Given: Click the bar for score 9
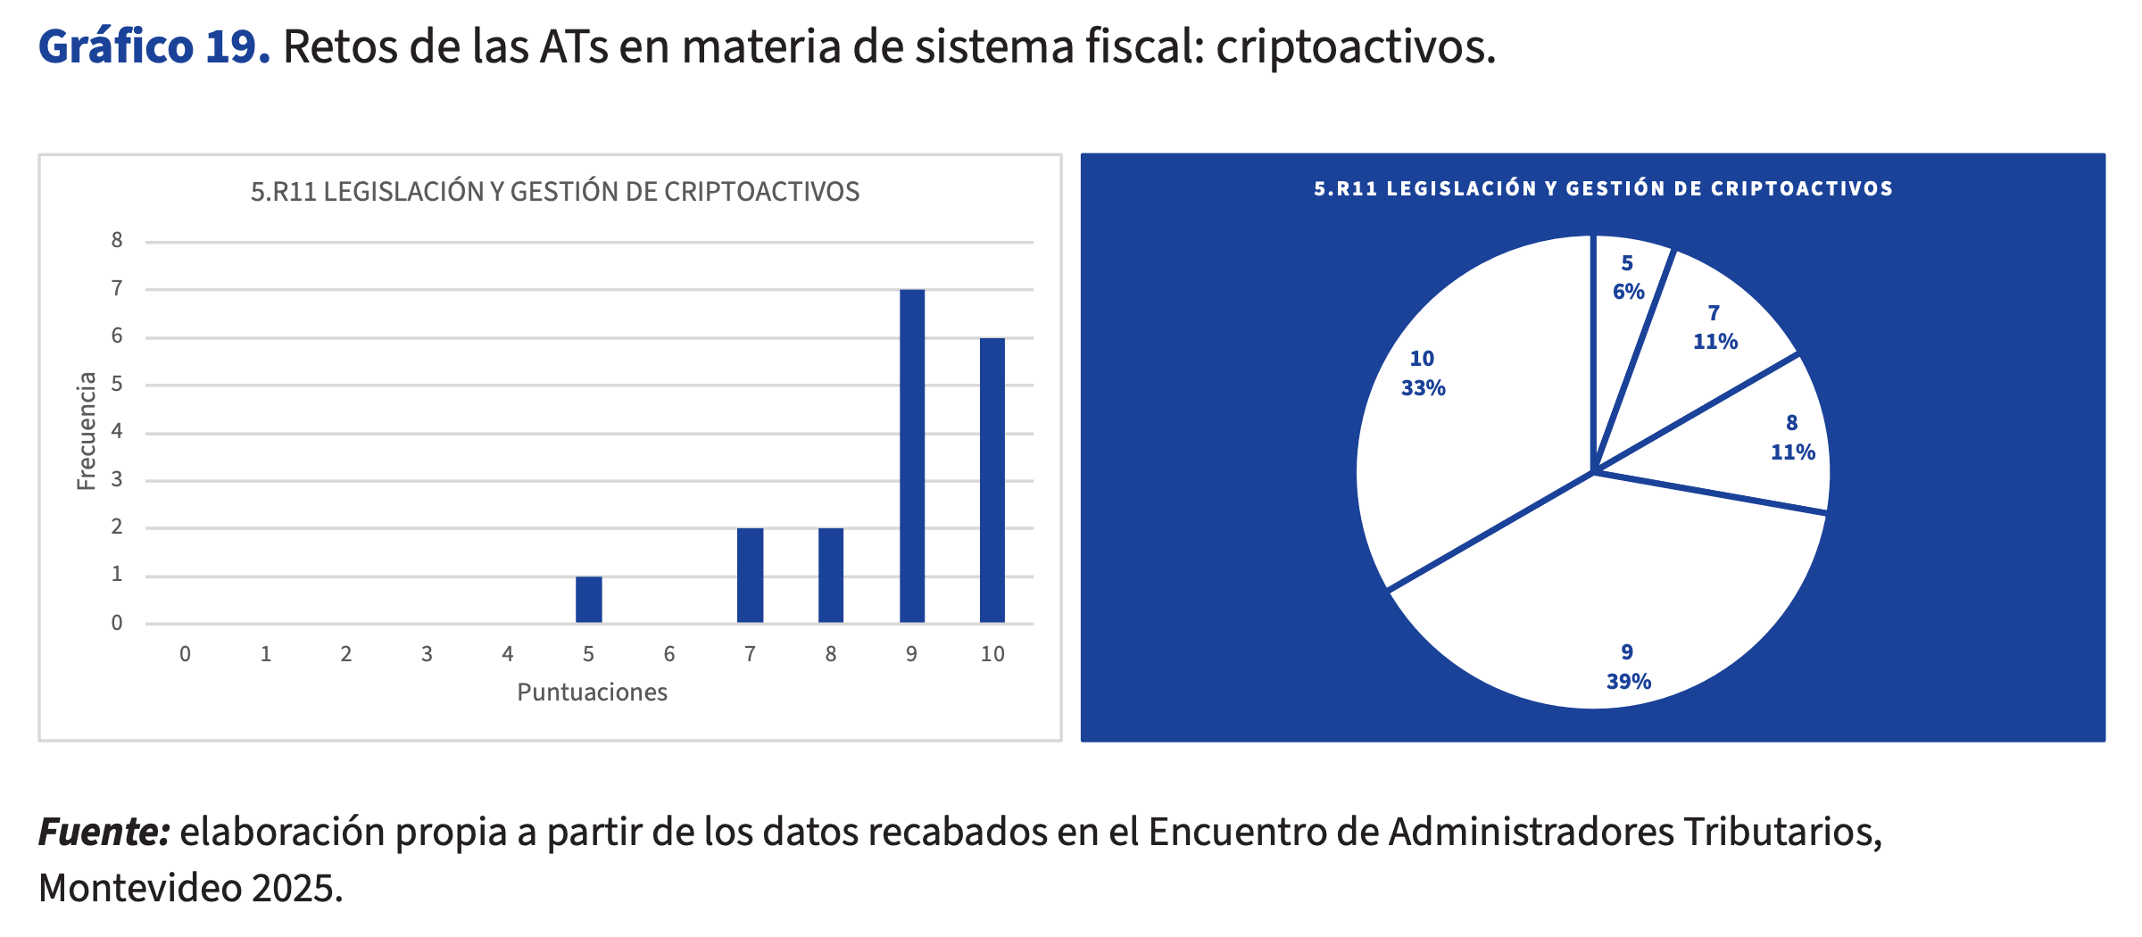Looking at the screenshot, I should [x=911, y=456].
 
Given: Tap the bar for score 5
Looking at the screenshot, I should [x=588, y=600].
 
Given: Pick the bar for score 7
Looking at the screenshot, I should [x=750, y=576].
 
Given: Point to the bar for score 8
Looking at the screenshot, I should [x=830, y=576].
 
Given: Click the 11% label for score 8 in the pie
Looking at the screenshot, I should [x=1792, y=452].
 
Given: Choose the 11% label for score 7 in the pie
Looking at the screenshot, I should [x=1714, y=342].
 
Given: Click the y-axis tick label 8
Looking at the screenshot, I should [x=117, y=240].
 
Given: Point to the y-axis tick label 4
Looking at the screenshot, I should [x=117, y=432].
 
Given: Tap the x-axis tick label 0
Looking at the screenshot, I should [x=185, y=654].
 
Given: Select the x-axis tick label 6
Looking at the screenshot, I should [x=669, y=654].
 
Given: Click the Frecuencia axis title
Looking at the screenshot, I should [x=87, y=431].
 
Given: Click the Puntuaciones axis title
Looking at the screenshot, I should [x=592, y=692].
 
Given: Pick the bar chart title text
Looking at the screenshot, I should [x=554, y=192].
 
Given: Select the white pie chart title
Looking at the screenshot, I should [x=1603, y=189].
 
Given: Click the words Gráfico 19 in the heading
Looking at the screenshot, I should [x=154, y=46].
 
